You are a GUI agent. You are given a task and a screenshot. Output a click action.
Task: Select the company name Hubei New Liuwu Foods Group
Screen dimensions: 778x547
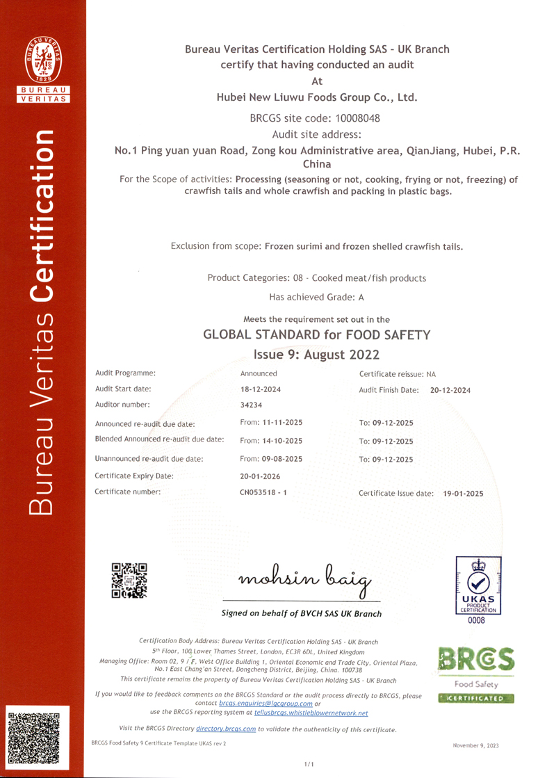pos(317,97)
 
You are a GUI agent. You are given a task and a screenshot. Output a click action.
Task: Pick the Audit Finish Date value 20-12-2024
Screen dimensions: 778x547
pos(450,391)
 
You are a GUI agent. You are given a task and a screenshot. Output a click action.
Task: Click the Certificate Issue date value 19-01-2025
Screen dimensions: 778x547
pos(463,494)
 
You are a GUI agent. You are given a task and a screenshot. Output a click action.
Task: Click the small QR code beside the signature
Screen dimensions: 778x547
pos(130,579)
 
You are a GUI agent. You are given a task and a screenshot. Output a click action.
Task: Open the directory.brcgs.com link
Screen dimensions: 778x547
pos(226,729)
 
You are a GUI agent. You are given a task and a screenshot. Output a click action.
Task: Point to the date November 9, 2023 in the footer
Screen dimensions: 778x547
pos(475,745)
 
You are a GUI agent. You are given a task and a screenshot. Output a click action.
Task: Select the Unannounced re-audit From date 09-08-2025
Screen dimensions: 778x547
pos(271,459)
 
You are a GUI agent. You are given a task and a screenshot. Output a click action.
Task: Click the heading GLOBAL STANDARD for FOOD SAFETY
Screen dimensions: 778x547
pos(316,335)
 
